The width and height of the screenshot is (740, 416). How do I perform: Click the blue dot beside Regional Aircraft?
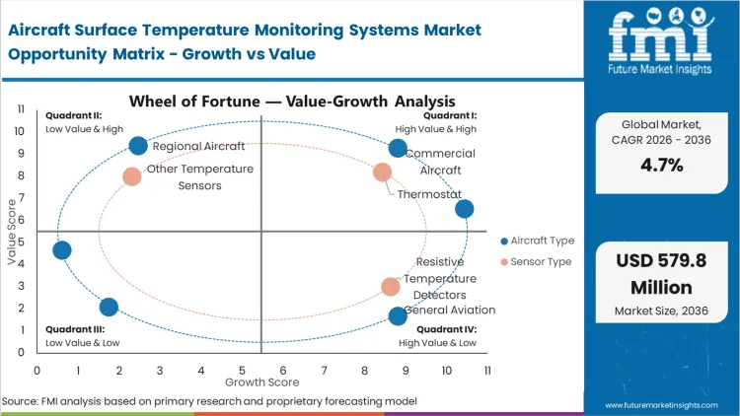(138, 146)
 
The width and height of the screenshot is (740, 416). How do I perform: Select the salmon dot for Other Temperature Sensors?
(132, 176)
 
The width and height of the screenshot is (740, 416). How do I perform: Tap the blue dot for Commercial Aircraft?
(398, 148)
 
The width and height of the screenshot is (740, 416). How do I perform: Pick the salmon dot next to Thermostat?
(383, 173)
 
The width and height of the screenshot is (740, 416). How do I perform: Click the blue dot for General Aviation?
(398, 315)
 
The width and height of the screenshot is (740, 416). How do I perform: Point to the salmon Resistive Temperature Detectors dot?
(391, 287)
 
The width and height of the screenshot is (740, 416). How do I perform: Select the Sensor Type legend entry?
(534, 261)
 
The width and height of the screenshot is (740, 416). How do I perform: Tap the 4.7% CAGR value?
(662, 165)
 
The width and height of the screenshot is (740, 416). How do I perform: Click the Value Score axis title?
(12, 233)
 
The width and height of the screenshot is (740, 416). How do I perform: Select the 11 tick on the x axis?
(487, 370)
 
